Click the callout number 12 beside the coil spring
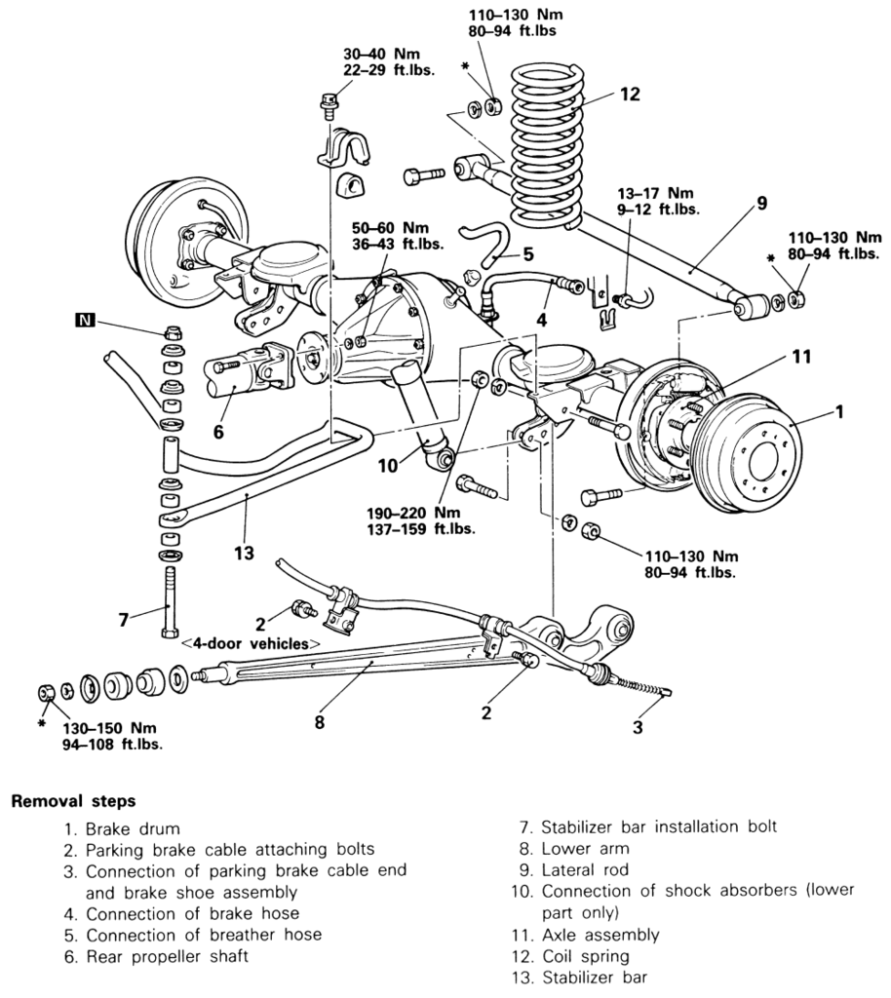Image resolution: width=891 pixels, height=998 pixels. (x=629, y=95)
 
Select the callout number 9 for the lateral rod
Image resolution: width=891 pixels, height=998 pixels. (x=761, y=204)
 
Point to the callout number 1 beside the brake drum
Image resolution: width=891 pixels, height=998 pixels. (x=837, y=412)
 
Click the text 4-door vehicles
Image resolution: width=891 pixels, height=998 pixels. (x=251, y=644)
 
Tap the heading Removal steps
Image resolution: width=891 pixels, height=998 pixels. (x=73, y=801)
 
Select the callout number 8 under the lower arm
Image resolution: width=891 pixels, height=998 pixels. (x=319, y=722)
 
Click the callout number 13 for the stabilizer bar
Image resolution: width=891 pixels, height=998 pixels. (x=244, y=554)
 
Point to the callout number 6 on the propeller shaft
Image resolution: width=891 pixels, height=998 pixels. (x=218, y=431)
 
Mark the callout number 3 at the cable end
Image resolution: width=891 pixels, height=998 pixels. (x=639, y=726)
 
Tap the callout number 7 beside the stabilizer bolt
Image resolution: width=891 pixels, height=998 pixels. (x=124, y=618)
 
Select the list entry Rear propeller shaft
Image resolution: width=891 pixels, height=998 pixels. (x=167, y=956)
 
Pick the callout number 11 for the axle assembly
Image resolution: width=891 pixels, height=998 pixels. (x=800, y=357)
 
